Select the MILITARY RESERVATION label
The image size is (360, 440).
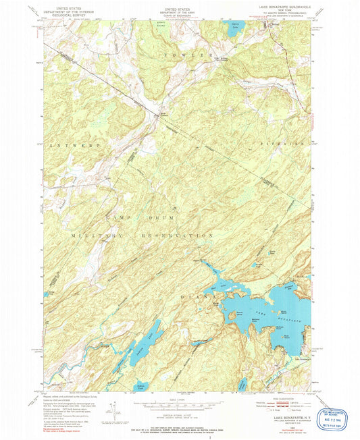click(142, 233)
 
